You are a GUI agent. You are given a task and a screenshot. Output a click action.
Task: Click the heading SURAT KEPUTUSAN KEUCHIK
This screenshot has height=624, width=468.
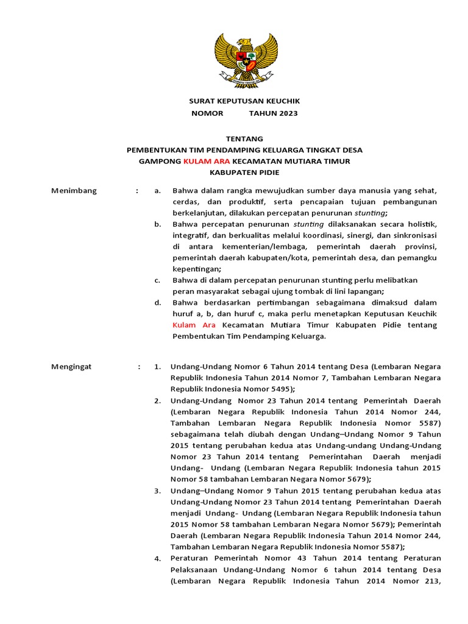coord(244,101)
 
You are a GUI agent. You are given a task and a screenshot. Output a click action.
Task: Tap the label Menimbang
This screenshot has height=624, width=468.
coord(74,191)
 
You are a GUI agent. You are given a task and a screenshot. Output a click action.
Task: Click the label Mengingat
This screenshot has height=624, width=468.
coord(71,366)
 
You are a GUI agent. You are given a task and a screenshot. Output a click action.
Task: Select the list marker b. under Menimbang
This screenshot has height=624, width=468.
coord(157,224)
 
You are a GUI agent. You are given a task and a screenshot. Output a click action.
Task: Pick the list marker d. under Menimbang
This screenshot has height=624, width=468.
coord(157,302)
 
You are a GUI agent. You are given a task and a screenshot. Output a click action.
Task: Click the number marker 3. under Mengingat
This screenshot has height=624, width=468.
coord(157,491)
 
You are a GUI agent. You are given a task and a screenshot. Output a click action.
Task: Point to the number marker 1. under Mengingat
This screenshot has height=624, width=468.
coord(157,366)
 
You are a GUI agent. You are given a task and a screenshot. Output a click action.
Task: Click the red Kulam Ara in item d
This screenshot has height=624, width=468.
coord(194,325)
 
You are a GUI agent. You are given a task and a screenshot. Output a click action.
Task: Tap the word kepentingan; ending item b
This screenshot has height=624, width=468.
coord(197,269)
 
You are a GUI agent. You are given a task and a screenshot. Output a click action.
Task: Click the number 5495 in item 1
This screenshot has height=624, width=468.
coord(277,389)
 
